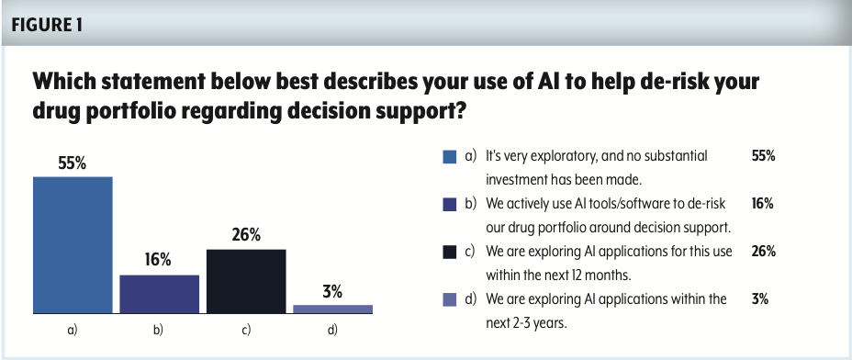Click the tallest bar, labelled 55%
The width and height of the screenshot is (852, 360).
73,244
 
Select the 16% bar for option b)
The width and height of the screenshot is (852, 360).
159,294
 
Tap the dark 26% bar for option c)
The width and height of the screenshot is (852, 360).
246,281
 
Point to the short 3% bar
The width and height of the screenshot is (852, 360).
332,309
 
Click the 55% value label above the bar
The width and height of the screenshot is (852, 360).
73,163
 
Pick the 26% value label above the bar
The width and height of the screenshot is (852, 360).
246,235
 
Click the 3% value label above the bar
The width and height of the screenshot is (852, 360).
332,292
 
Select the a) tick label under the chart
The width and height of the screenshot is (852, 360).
73,330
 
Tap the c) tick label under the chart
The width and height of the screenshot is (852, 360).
246,330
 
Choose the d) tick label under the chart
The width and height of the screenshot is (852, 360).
332,330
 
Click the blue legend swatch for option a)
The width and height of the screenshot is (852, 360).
449,157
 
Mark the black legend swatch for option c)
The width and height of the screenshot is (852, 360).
449,252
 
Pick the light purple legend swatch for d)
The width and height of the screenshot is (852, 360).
449,299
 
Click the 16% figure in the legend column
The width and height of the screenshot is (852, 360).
762,204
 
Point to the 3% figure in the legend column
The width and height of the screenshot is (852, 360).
759,299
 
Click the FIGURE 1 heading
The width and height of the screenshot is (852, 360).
47,25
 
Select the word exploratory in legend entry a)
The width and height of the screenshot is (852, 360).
567,157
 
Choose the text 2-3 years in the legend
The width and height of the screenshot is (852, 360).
540,323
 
